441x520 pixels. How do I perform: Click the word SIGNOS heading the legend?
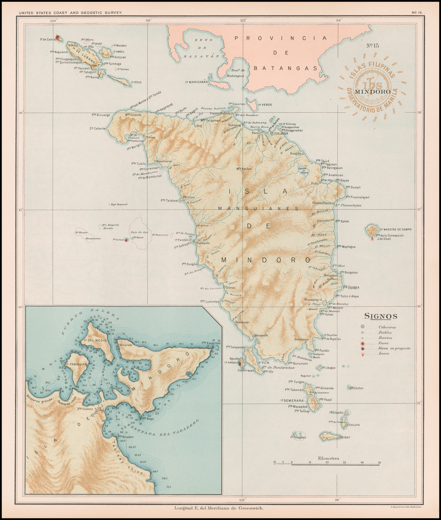pyautogui.click(x=381, y=316)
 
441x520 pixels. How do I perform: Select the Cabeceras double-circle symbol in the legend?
pyautogui.click(x=363, y=327)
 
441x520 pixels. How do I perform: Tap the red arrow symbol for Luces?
pyautogui.click(x=363, y=354)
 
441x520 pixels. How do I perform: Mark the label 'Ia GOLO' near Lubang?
pyautogui.click(x=135, y=82)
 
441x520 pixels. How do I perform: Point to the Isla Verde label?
pyautogui.click(x=266, y=105)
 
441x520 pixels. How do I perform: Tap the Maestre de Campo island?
pyautogui.click(x=372, y=230)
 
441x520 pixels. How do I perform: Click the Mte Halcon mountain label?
pyautogui.click(x=244, y=169)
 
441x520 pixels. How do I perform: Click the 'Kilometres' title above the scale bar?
pyautogui.click(x=329, y=458)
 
